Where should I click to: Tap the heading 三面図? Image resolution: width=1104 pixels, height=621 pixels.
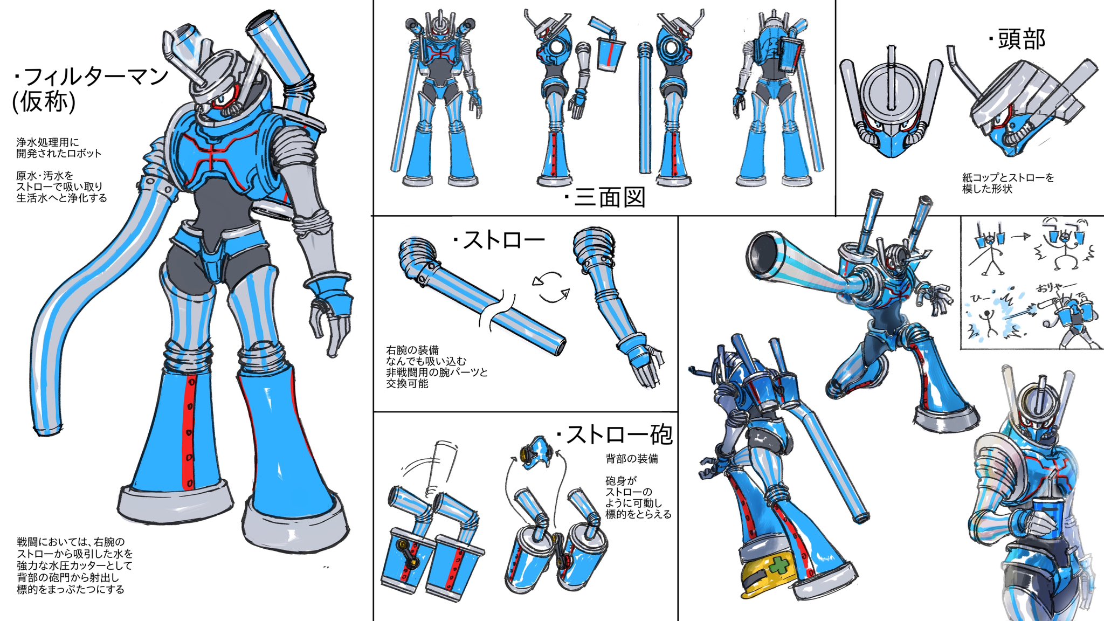click(605, 197)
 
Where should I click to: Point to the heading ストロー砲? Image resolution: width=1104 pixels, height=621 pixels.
click(614, 434)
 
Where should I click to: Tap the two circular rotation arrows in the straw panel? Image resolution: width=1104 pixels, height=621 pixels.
click(550, 286)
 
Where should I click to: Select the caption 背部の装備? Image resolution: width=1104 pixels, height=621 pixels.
click(632, 459)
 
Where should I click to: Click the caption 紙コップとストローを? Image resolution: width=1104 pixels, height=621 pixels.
click(1008, 177)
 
